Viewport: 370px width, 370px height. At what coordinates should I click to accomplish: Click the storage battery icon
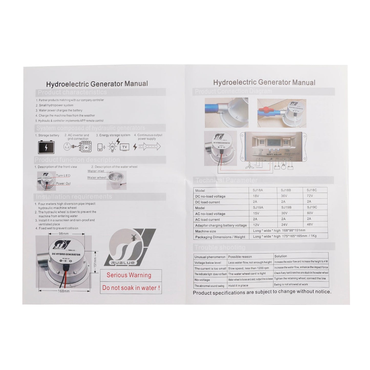pos(46,147)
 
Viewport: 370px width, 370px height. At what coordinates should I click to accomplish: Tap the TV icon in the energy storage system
pos(125,147)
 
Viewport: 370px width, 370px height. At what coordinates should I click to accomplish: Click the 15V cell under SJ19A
pos(256,213)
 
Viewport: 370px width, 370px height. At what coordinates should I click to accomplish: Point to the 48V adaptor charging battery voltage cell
pos(310,225)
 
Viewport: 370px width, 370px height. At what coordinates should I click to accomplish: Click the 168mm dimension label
pos(64,291)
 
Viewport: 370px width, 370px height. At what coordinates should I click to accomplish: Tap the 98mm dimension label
pos(64,234)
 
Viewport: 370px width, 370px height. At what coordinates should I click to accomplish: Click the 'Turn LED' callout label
pos(63,176)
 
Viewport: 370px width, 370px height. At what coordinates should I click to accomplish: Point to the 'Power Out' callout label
pos(63,184)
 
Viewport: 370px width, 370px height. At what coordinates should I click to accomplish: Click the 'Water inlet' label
pos(96,171)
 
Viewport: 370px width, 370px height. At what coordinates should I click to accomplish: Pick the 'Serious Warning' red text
pos(129,275)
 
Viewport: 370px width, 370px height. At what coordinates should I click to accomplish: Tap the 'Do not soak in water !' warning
pos(131,288)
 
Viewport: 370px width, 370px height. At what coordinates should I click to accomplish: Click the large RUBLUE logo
pos(129,247)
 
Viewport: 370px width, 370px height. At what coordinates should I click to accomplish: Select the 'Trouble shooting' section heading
pos(220,248)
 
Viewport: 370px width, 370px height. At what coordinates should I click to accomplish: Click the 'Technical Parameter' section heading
pos(226,180)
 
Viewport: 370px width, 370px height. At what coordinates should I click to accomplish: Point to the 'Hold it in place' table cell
pos(238,286)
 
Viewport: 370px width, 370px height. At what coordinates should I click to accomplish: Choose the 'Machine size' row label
pos(205,231)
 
